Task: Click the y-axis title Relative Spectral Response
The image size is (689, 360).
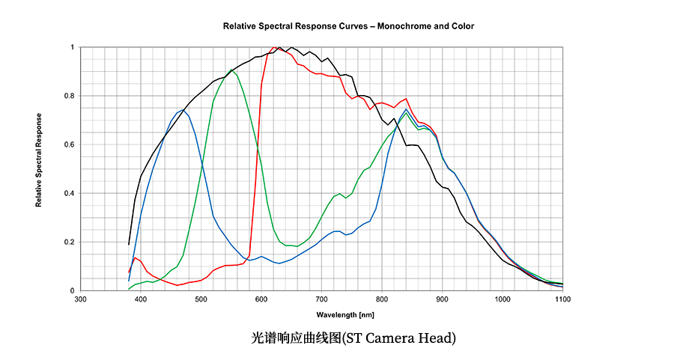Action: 39,161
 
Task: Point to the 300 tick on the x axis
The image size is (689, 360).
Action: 81,299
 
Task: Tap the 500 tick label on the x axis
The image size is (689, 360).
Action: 201,299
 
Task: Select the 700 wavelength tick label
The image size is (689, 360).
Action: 321,299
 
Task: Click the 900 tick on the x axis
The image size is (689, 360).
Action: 442,299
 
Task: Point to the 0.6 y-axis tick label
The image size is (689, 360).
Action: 69,144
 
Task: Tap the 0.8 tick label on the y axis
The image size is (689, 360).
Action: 69,96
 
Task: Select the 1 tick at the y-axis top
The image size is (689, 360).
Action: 72,47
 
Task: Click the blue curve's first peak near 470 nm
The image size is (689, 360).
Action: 183,110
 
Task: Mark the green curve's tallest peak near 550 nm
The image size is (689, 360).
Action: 231,70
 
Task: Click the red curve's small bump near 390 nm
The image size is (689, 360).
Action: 135,257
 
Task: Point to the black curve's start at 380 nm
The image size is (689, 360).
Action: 129,244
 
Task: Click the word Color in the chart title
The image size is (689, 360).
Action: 462,26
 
